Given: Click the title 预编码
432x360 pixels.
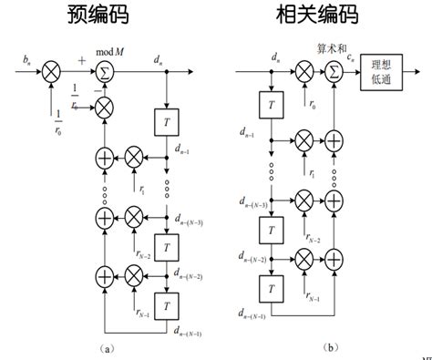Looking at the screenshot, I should pos(103,16).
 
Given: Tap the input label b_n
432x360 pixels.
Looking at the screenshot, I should pos(26,60).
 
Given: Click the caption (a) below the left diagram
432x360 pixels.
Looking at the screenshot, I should pos(108,348).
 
